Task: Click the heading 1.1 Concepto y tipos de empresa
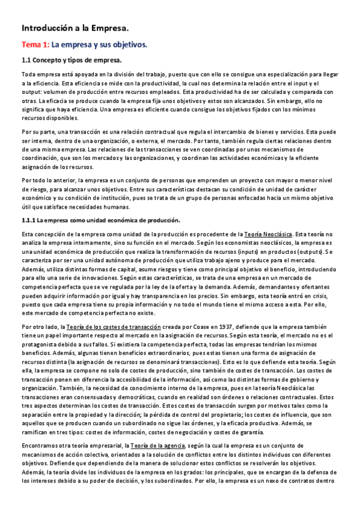pos(72,60)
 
